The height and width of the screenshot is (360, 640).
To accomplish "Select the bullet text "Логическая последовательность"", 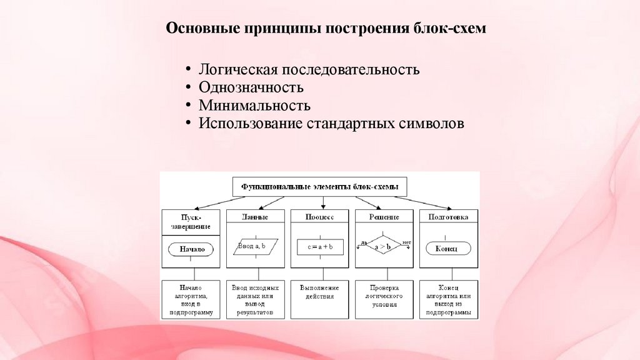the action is click(x=309, y=69).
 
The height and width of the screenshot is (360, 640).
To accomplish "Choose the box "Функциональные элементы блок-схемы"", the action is click(x=320, y=186).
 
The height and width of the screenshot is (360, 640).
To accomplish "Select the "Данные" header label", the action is click(x=256, y=217).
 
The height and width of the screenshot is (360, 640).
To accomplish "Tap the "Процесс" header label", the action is click(x=320, y=217).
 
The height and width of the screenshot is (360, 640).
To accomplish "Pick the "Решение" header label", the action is click(x=384, y=217).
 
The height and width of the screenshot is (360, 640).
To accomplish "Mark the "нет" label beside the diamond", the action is click(x=406, y=241).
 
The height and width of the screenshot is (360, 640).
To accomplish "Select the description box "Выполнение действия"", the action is click(x=320, y=292).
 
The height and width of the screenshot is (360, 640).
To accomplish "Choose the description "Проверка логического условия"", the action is click(x=384, y=296).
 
